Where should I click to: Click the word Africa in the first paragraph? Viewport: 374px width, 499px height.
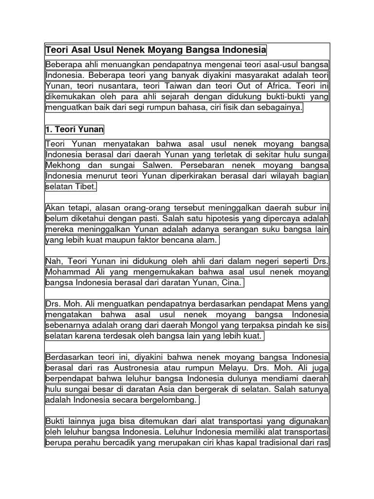280,86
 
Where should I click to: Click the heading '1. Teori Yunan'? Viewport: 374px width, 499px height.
75,130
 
